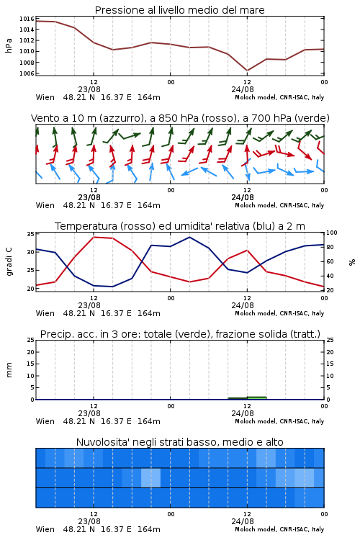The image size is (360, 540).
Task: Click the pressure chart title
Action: point(179,10)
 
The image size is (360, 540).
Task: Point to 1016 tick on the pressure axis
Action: point(27,19)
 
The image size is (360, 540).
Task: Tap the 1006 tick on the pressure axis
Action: point(27,73)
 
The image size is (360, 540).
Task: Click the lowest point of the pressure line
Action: point(247,71)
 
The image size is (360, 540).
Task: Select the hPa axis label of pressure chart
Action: point(9,45)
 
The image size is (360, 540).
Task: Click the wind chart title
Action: point(180,118)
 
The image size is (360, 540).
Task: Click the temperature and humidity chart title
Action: point(180,226)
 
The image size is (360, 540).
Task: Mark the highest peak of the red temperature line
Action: point(94,237)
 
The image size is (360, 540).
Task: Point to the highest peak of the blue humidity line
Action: point(189,237)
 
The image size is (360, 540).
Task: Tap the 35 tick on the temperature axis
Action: point(30,234)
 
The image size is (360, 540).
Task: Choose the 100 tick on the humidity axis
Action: point(332,233)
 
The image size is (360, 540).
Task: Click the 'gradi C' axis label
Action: point(9,261)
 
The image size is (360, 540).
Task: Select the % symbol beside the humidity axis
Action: point(352,262)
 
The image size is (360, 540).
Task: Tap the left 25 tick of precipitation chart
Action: point(30,340)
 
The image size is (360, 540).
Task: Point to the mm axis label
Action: point(9,370)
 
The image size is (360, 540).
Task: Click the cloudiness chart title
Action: point(179,442)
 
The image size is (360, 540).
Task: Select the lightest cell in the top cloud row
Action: point(266,458)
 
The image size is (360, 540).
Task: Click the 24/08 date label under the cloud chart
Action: point(243,521)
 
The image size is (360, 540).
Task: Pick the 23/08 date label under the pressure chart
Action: point(89,89)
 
